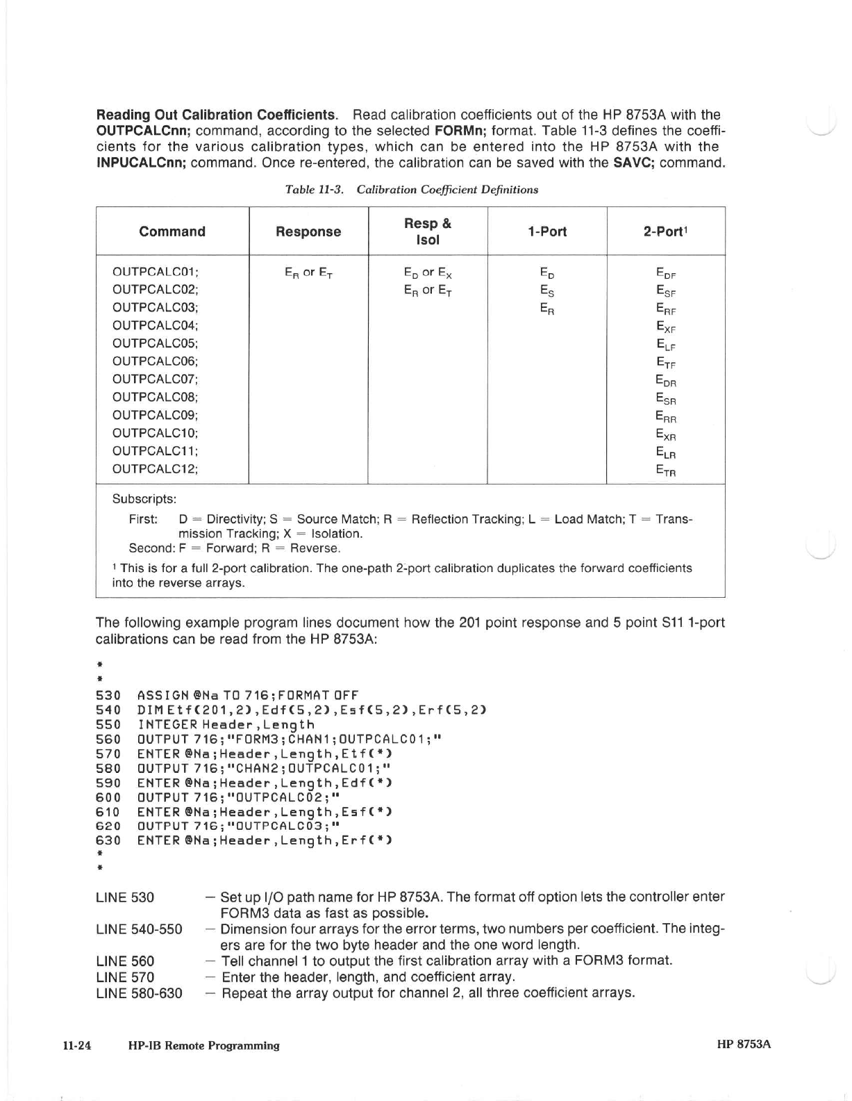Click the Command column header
[x=172, y=231]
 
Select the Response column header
[x=308, y=231]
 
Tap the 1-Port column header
[x=547, y=231]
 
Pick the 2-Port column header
[x=665, y=231]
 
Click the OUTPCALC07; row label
[x=156, y=379]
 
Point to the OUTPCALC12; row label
[x=156, y=468]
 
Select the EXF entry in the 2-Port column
[x=666, y=327]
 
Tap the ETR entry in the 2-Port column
[x=666, y=471]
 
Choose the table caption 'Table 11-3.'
[x=315, y=190]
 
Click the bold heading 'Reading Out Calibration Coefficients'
[x=216, y=115]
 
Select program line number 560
[x=108, y=740]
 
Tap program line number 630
[x=108, y=840]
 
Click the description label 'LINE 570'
[x=125, y=977]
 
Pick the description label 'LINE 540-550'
[x=139, y=929]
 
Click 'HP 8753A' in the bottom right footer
[x=744, y=1045]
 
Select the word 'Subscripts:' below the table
[x=144, y=499]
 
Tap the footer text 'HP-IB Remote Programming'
[x=204, y=1045]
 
